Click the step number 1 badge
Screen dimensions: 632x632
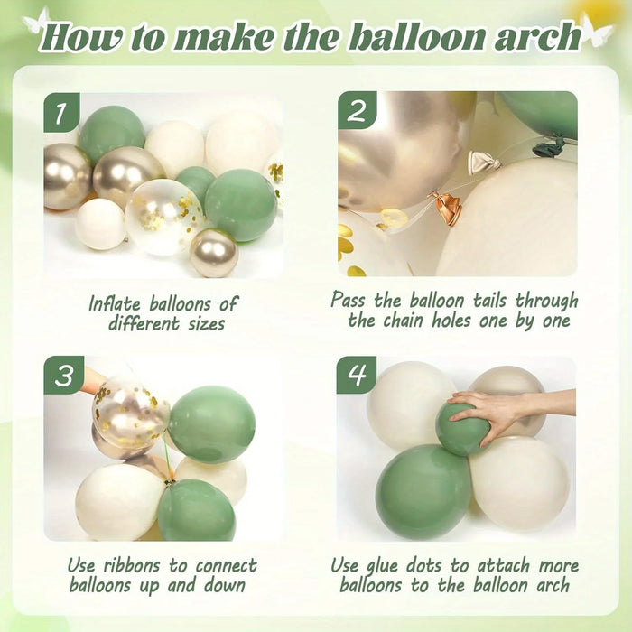point(61,112)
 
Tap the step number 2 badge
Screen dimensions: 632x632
point(357,110)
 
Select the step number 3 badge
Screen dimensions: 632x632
point(64,375)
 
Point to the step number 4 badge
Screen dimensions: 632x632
point(357,375)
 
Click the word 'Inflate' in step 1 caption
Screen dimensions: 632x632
point(115,303)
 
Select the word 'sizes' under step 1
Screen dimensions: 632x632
point(207,323)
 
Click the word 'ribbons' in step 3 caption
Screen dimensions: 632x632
point(134,565)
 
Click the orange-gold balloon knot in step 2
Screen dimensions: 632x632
point(447,208)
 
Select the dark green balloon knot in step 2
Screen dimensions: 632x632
point(548,146)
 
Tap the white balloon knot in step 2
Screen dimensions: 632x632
point(484,163)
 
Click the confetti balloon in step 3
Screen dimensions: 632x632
point(130,412)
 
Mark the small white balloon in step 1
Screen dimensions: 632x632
point(101,224)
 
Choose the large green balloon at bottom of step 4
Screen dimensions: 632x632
point(424,492)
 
